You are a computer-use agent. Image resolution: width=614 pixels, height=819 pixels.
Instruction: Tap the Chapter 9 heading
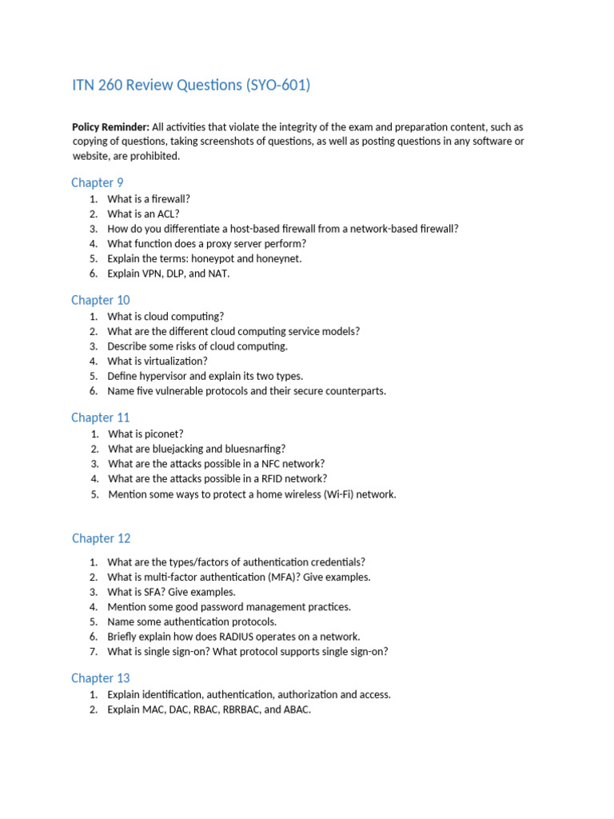(97, 182)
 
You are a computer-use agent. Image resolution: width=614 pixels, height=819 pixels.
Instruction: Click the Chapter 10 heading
(100, 300)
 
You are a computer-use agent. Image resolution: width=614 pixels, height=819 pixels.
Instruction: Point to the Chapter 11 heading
(100, 417)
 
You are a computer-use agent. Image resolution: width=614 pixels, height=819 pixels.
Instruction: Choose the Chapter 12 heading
(101, 538)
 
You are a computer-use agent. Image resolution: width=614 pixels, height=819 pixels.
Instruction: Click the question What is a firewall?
(149, 199)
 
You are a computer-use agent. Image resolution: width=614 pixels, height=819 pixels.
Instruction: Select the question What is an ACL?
(143, 214)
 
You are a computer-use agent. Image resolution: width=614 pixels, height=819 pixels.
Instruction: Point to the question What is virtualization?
(157, 361)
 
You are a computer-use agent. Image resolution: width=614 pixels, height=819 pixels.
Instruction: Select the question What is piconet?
(146, 434)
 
